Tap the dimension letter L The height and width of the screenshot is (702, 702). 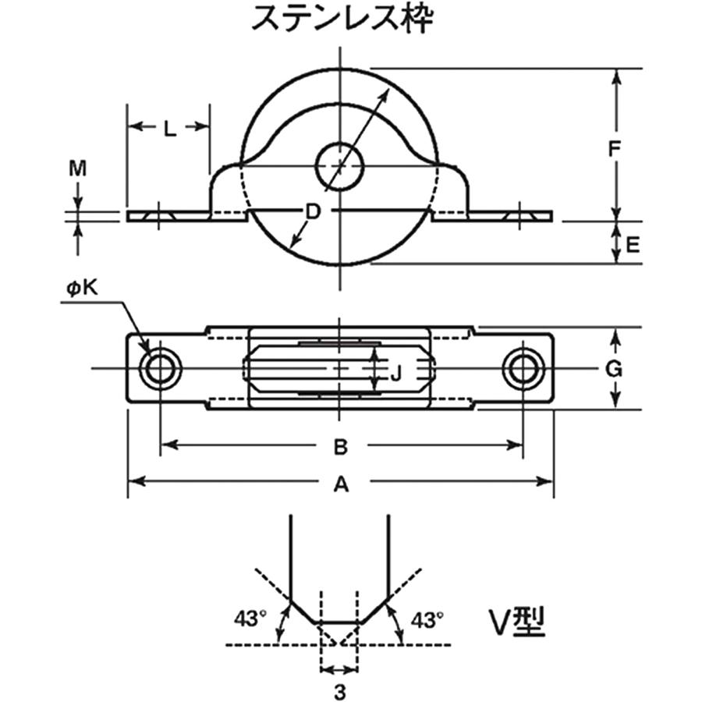pyautogui.click(x=170, y=129)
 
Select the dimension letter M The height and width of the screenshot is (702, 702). pyautogui.click(x=77, y=168)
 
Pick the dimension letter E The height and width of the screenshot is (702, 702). pyautogui.click(x=633, y=245)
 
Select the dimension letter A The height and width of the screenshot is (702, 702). pyautogui.click(x=340, y=485)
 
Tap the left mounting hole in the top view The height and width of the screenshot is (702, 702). pyautogui.click(x=160, y=368)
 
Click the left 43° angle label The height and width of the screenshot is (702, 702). pyautogui.click(x=249, y=620)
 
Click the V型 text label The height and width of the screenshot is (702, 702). pyautogui.click(x=516, y=622)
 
